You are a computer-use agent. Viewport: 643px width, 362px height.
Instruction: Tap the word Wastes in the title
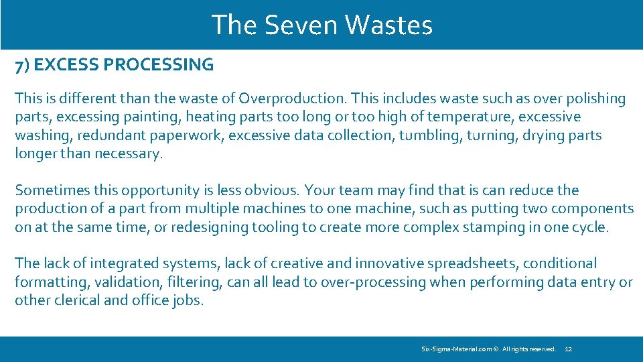coord(389,25)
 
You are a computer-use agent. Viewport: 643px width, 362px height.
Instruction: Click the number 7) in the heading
coord(23,65)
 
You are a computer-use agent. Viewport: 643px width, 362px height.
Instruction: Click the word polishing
coord(594,99)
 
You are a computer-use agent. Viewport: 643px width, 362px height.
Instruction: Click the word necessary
coord(130,153)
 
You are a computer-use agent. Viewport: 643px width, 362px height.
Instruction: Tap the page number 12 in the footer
coord(569,349)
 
